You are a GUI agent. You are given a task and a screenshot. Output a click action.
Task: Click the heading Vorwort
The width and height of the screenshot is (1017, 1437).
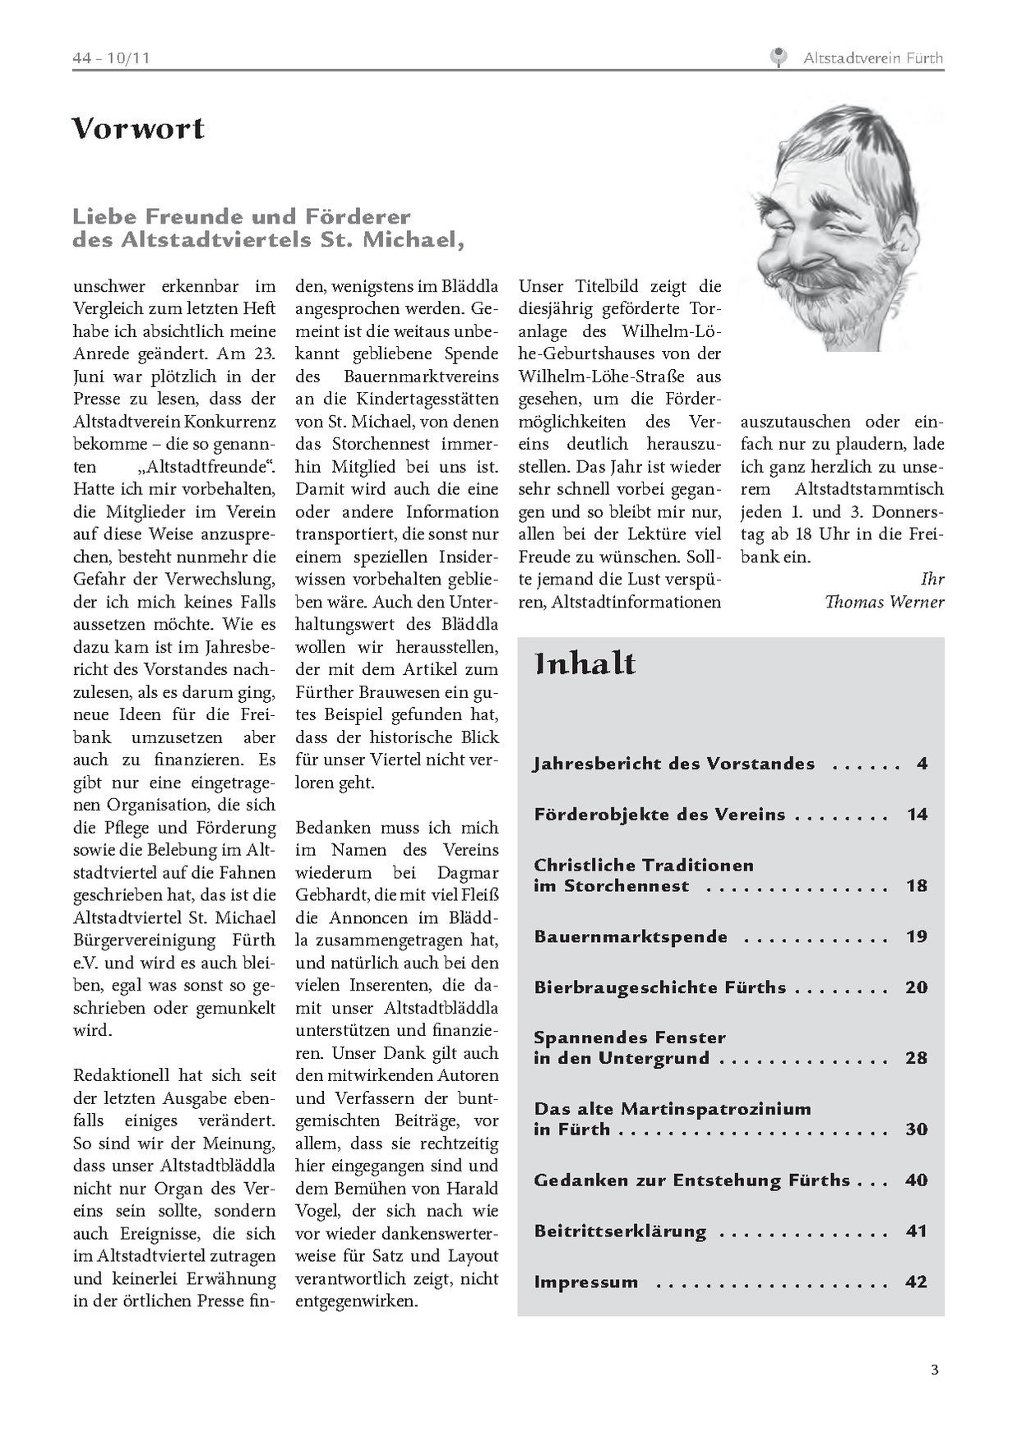(x=138, y=128)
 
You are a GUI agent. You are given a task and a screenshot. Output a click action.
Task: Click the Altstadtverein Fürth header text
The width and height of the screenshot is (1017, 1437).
(x=872, y=58)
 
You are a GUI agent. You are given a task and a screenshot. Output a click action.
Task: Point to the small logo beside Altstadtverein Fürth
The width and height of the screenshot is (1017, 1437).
(x=778, y=58)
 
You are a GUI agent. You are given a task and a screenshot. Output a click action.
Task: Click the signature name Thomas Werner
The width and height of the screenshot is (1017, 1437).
(x=884, y=602)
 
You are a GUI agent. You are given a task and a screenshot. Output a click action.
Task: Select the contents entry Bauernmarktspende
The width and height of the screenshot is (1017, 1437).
(x=631, y=936)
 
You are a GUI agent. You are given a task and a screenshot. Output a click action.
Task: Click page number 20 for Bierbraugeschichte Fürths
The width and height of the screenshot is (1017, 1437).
(x=916, y=987)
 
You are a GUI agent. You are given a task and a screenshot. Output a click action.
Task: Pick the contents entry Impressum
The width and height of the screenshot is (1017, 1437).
(x=586, y=1282)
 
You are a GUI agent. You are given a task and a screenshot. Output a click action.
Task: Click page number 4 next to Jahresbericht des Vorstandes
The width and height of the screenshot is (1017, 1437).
(x=922, y=764)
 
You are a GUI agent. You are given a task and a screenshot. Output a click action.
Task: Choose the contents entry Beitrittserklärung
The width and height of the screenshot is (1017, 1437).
(x=620, y=1231)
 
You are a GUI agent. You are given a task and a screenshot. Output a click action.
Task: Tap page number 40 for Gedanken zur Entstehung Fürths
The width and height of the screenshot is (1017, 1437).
(x=916, y=1180)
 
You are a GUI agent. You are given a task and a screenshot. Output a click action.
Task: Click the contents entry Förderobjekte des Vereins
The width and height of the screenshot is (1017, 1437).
(x=659, y=815)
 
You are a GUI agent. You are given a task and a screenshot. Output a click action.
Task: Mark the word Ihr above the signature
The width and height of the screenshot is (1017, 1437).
(x=931, y=579)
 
